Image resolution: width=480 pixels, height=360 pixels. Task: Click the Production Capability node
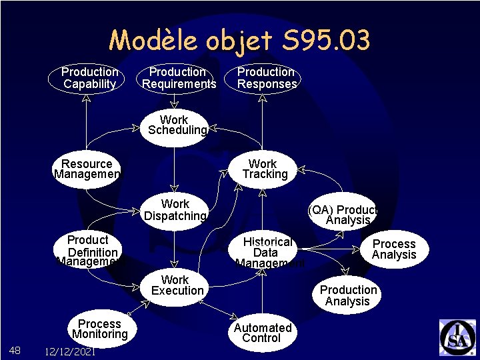tap(89, 78)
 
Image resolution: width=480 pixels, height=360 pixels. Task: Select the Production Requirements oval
tap(178, 78)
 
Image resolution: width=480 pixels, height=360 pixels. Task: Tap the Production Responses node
tap(266, 78)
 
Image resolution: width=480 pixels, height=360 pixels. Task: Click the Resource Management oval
tap(87, 169)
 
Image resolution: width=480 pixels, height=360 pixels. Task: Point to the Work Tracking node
tap(264, 169)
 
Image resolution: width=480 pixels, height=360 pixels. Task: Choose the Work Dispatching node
tap(175, 210)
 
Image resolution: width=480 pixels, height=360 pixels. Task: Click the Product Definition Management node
tap(91, 251)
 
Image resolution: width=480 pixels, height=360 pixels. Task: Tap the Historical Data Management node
tap(267, 253)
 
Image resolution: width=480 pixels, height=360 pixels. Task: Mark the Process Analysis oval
tap(393, 249)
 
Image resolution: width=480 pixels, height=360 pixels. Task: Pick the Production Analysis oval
tap(347, 295)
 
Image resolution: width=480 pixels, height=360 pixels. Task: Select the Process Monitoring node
tap(99, 329)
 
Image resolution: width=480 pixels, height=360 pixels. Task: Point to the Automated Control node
tap(263, 333)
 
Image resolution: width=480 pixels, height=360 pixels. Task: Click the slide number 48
tap(15, 350)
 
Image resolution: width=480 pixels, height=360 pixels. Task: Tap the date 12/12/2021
tap(68, 351)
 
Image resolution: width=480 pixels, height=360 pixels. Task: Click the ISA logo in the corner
tap(457, 337)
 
